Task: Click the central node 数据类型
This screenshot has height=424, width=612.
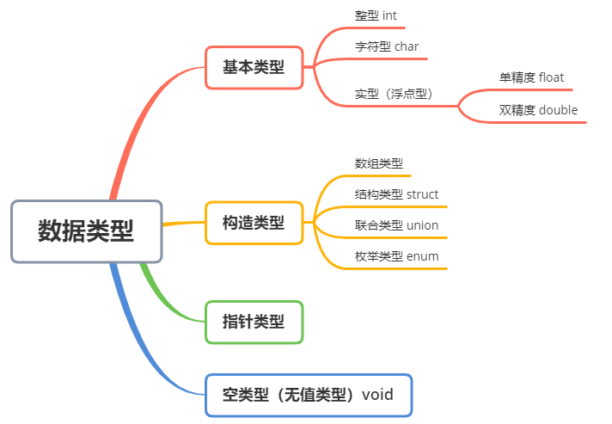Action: [86, 231]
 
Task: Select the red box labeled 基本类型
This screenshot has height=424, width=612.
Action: [254, 67]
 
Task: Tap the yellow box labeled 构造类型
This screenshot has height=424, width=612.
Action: [254, 223]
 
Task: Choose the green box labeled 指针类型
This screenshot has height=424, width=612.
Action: [254, 322]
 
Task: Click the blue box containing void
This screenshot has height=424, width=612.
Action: [309, 395]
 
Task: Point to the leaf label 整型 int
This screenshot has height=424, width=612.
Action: [376, 15]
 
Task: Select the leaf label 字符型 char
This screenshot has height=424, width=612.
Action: [387, 46]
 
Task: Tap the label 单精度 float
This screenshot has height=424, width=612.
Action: [531, 77]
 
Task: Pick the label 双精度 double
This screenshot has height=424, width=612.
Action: [538, 110]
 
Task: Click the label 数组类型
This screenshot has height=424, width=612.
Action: [379, 163]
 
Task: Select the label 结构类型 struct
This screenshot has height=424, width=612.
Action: [396, 194]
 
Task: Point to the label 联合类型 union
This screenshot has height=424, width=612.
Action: [396, 225]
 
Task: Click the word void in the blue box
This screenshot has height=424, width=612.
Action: [378, 395]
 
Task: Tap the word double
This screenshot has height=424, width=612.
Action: [558, 110]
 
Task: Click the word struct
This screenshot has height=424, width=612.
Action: [422, 194]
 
